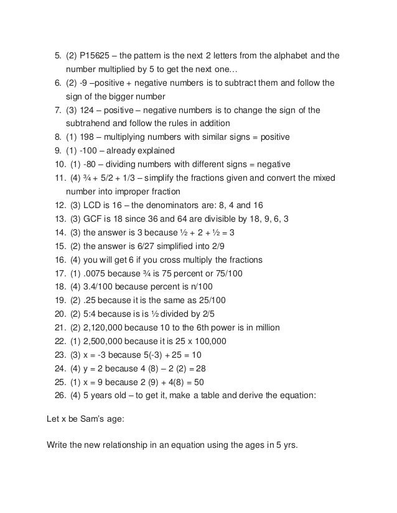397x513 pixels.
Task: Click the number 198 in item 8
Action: [x=91, y=137]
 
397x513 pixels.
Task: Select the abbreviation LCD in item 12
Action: [x=90, y=205]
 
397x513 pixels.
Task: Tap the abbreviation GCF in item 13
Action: [x=91, y=219]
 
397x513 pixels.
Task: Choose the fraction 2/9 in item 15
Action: [x=240, y=246]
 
